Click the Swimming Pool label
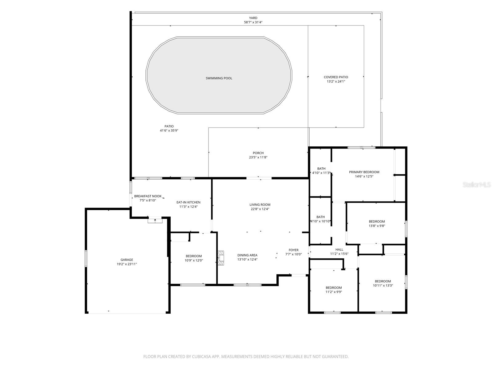219,78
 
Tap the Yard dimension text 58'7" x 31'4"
253,22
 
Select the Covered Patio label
336,77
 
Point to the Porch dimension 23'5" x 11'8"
258,157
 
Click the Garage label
127,260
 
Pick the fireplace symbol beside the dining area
221,258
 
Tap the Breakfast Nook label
148,196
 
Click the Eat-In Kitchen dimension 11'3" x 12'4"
188,207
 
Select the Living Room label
260,204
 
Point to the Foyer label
293,250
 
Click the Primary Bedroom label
364,172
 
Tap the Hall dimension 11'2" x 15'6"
339,254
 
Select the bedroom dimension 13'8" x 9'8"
377,226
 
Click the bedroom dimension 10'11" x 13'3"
383,285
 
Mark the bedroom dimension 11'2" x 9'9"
334,292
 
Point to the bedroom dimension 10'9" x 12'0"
194,260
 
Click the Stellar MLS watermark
477,184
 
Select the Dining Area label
247,255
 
